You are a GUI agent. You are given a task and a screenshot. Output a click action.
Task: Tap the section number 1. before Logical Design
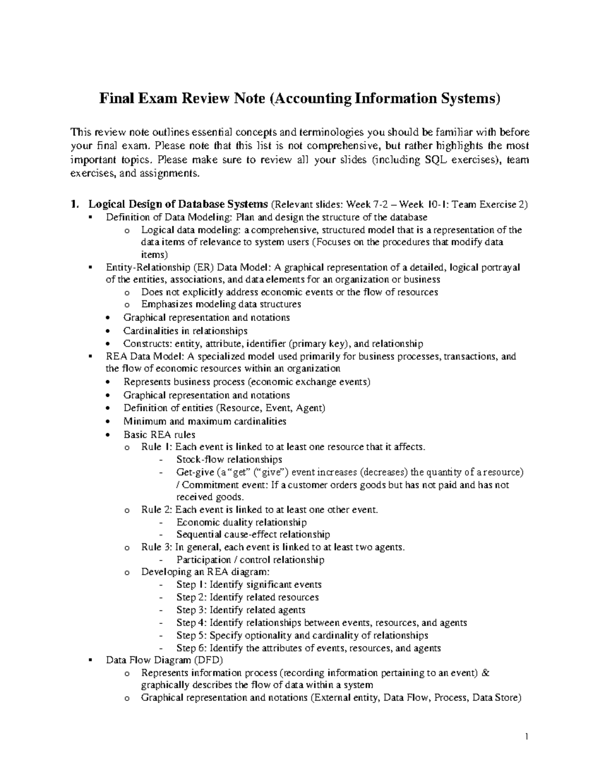[x=75, y=205]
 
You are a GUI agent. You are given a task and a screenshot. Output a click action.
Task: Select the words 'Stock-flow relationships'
[x=229, y=459]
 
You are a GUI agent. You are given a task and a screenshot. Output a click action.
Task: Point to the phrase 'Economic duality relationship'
[x=241, y=522]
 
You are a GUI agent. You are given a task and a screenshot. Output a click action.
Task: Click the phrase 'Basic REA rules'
[x=159, y=434]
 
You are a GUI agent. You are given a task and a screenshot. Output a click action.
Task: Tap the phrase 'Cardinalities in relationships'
[x=185, y=331]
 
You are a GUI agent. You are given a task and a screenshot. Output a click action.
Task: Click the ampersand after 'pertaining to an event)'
[x=485, y=673]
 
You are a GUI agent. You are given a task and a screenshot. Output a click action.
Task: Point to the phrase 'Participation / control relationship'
[x=250, y=560]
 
